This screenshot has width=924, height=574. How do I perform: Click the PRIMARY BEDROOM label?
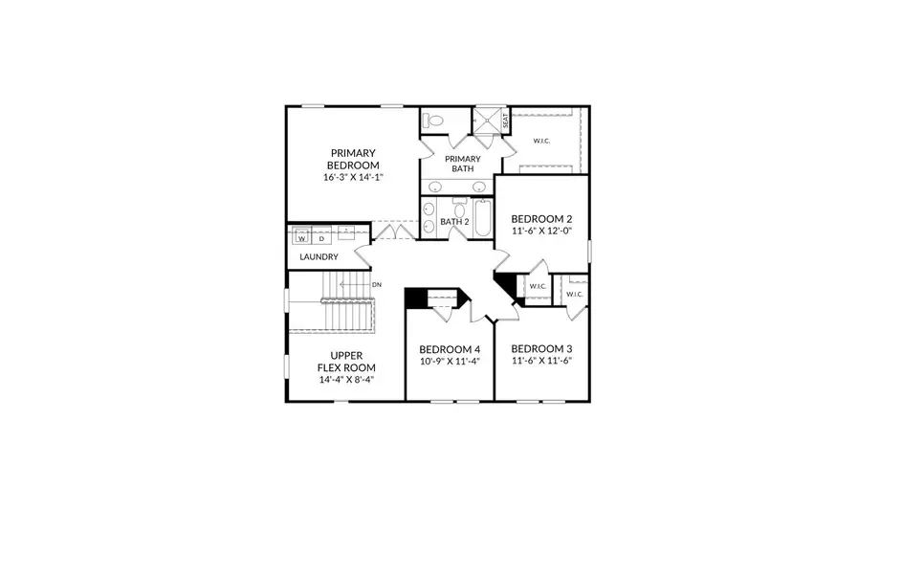click(x=353, y=159)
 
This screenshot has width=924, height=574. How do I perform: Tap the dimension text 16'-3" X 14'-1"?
click(x=353, y=177)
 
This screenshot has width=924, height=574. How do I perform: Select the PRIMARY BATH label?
click(x=463, y=164)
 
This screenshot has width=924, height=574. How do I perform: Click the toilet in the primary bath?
click(x=435, y=121)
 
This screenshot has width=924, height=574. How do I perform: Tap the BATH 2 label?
click(x=454, y=222)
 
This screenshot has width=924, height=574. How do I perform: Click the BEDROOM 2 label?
click(x=542, y=218)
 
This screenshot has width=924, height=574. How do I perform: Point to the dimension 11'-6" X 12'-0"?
click(x=542, y=231)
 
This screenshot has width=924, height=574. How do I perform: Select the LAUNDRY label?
click(x=319, y=257)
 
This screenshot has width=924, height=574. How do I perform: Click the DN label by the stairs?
click(x=376, y=284)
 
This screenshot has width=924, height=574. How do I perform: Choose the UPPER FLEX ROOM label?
click(x=346, y=361)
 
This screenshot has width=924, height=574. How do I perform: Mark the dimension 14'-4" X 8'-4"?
click(x=346, y=380)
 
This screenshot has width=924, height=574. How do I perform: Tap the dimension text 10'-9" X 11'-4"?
click(x=450, y=362)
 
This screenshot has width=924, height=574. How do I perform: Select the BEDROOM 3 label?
click(x=541, y=348)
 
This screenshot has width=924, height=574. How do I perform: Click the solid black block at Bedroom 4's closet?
click(x=414, y=298)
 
